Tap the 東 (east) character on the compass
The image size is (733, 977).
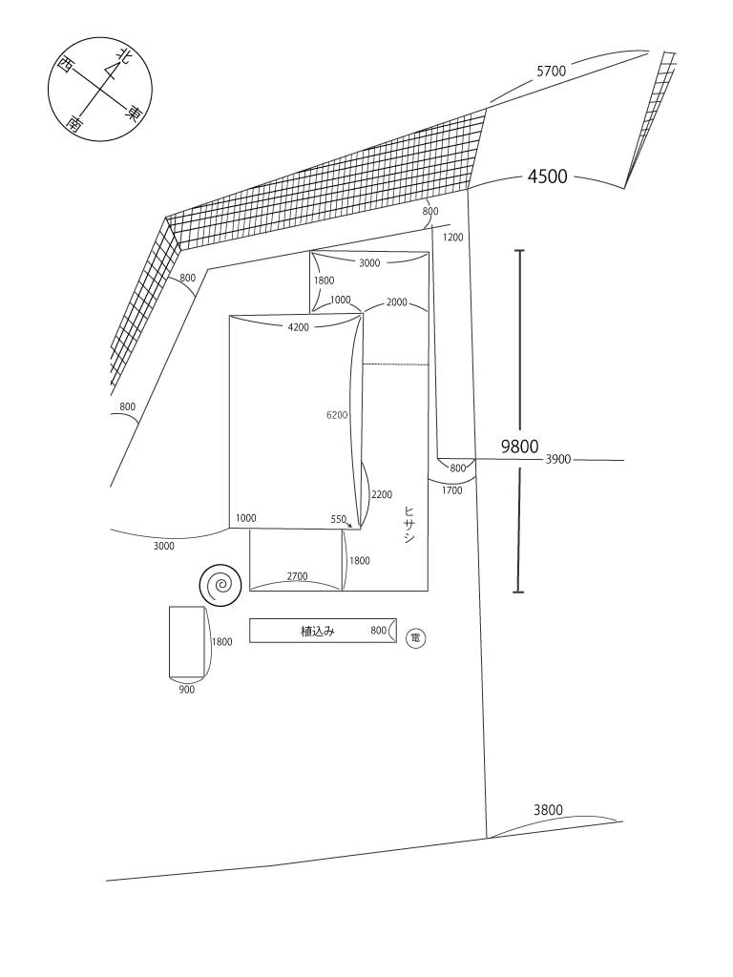(135, 113)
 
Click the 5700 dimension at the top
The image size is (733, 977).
(552, 72)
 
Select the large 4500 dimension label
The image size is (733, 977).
(547, 177)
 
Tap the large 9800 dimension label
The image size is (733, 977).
(520, 446)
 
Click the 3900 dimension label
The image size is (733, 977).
(558, 460)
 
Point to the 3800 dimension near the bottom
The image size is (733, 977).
(548, 810)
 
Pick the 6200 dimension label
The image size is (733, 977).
(337, 415)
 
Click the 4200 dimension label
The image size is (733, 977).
(298, 328)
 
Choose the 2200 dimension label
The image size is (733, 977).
(381, 495)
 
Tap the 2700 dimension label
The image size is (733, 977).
(298, 577)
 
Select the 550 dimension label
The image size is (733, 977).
(339, 520)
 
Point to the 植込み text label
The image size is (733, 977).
(317, 631)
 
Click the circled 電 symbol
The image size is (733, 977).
(415, 636)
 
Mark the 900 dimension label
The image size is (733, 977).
(186, 690)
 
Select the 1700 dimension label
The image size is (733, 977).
(452, 490)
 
